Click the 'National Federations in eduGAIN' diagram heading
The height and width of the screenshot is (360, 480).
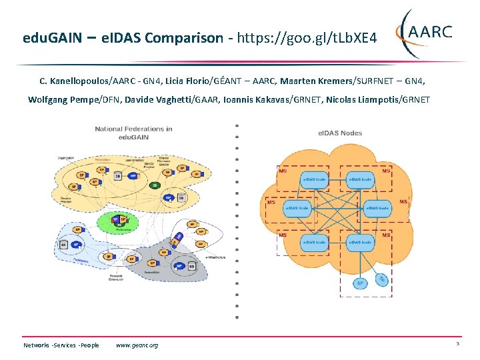tap(133, 133)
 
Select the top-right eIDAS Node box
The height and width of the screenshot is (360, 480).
tap(360, 180)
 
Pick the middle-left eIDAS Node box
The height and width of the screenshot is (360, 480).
tap(297, 208)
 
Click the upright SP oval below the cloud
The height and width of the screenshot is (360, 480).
tap(361, 283)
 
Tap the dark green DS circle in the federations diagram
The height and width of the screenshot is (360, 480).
tap(155, 185)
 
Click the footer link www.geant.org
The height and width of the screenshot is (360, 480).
tap(137, 345)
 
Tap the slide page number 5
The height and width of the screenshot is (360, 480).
tap(458, 344)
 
